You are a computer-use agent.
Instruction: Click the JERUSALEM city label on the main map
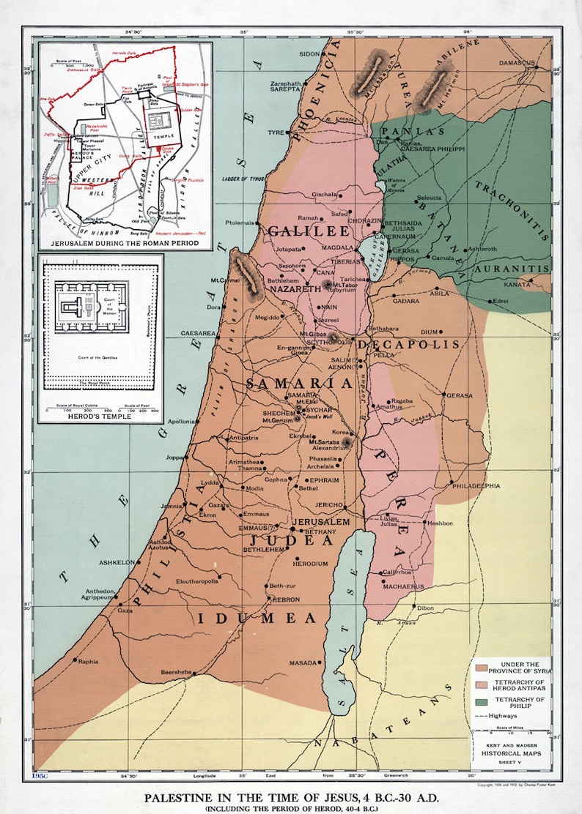click(321, 521)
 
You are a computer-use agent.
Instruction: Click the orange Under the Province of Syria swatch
click(482, 667)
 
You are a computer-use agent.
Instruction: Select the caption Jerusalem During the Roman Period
click(125, 241)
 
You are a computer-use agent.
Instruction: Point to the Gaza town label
click(125, 610)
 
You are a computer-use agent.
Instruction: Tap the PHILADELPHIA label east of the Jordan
click(476, 485)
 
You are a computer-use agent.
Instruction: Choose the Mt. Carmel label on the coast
click(224, 280)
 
